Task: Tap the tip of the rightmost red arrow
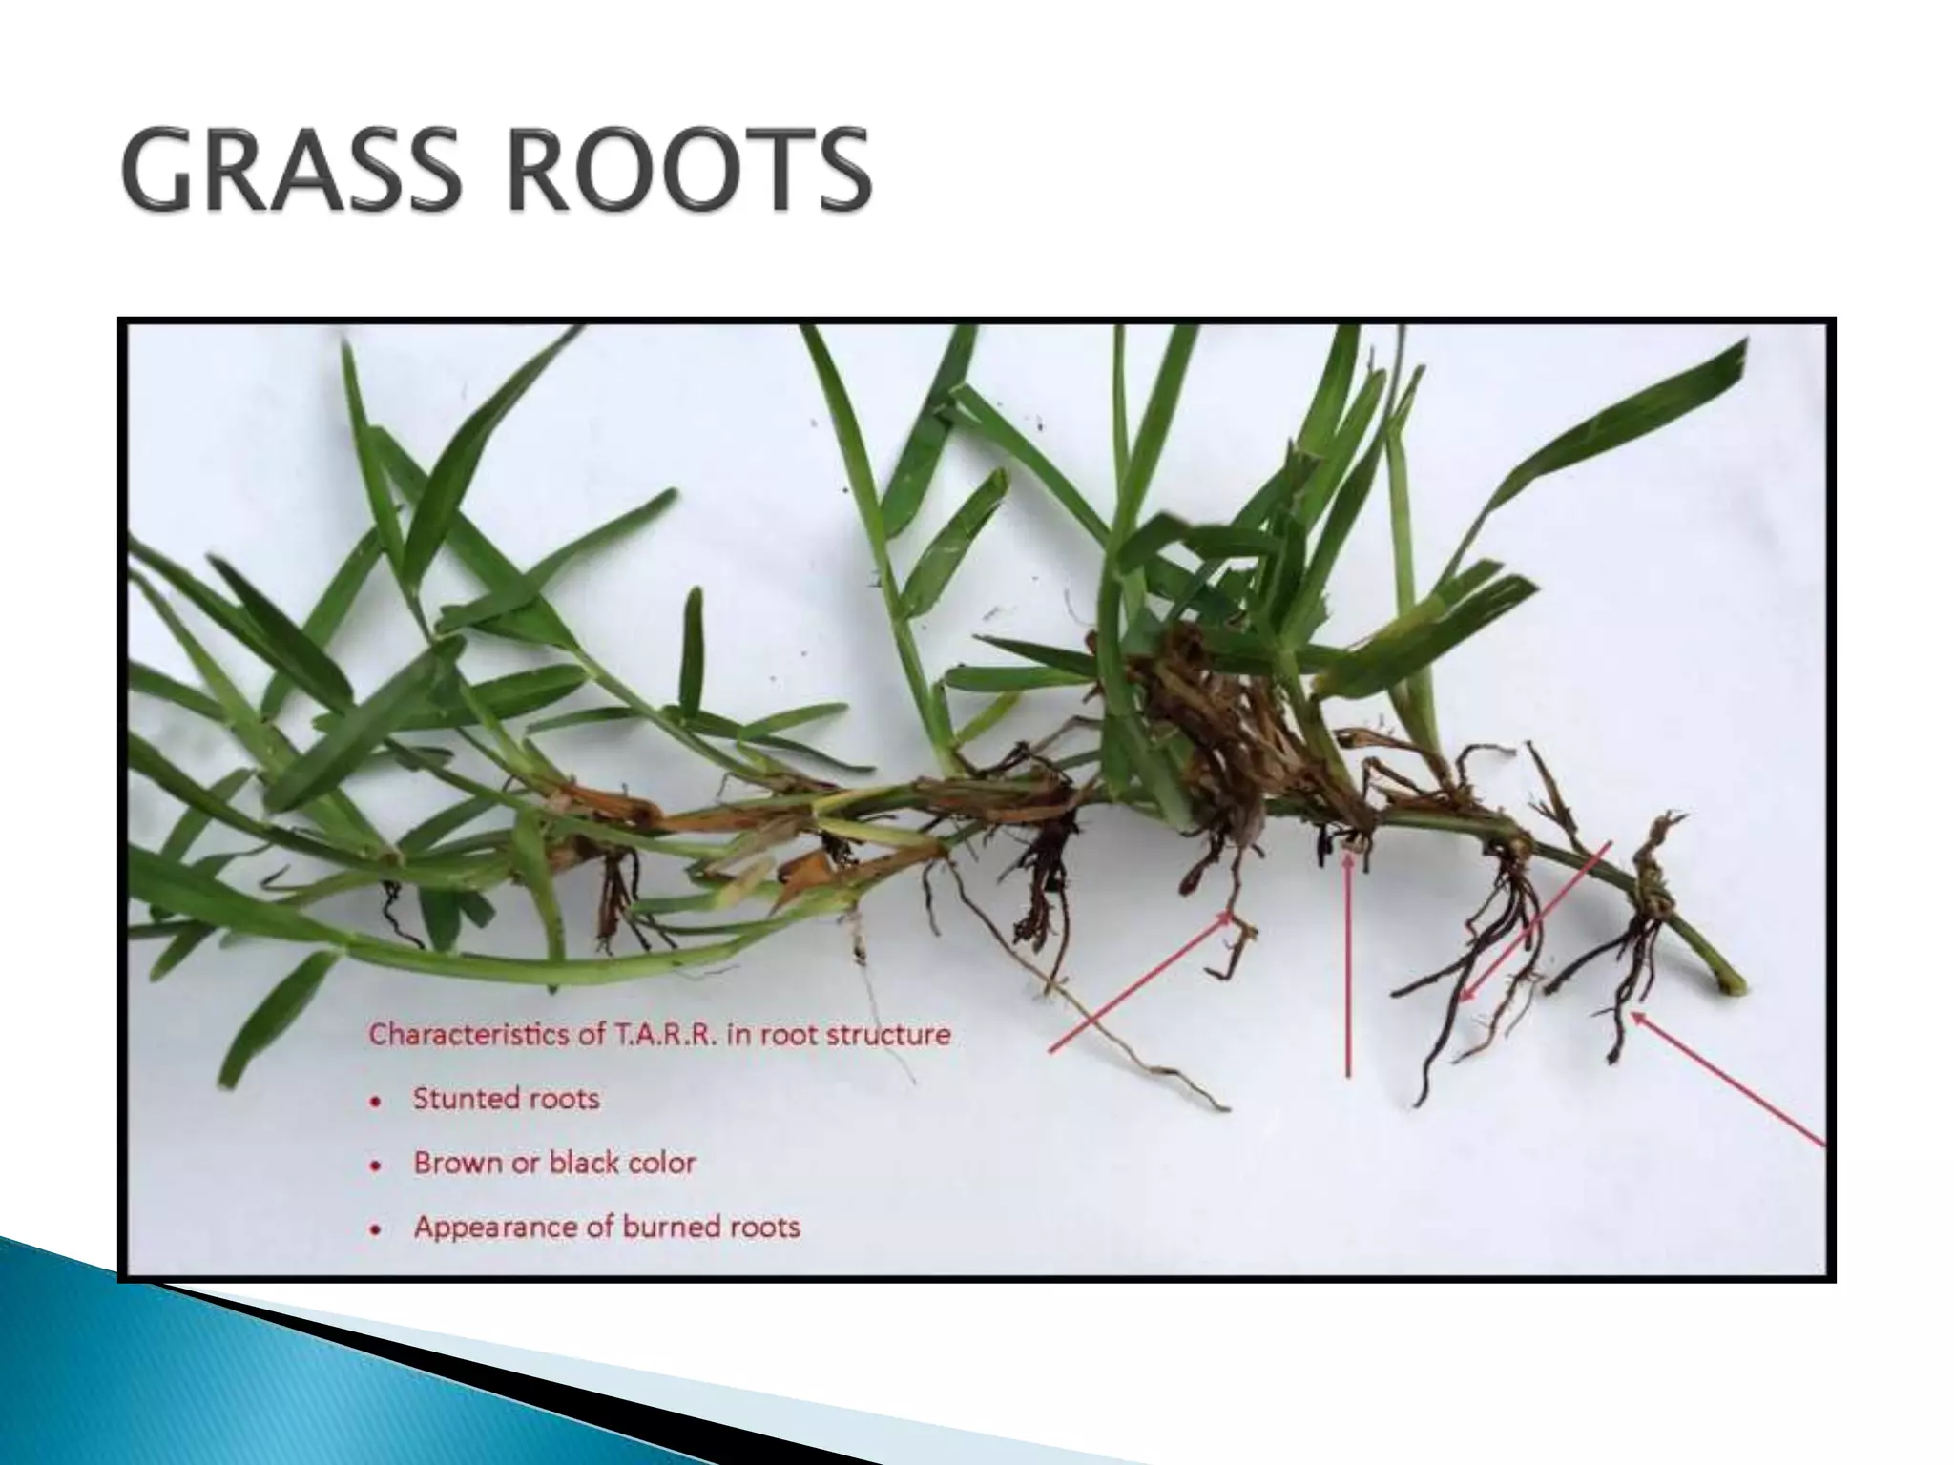pyautogui.click(x=1632, y=1013)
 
